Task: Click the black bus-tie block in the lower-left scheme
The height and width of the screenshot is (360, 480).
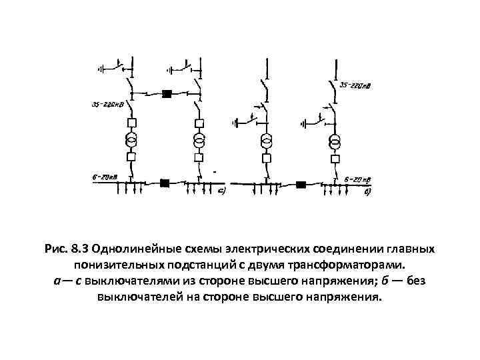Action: [x=165, y=182]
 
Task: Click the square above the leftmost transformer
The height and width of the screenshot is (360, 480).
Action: [x=132, y=123]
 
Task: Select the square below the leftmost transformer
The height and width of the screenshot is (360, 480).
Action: [x=132, y=158]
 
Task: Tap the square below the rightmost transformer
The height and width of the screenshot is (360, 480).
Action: [x=333, y=158]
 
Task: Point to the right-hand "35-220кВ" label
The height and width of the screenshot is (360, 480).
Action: [x=356, y=86]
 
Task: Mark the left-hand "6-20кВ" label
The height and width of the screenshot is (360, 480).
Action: [x=105, y=176]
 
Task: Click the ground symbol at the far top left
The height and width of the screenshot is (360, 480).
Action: [x=101, y=68]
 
